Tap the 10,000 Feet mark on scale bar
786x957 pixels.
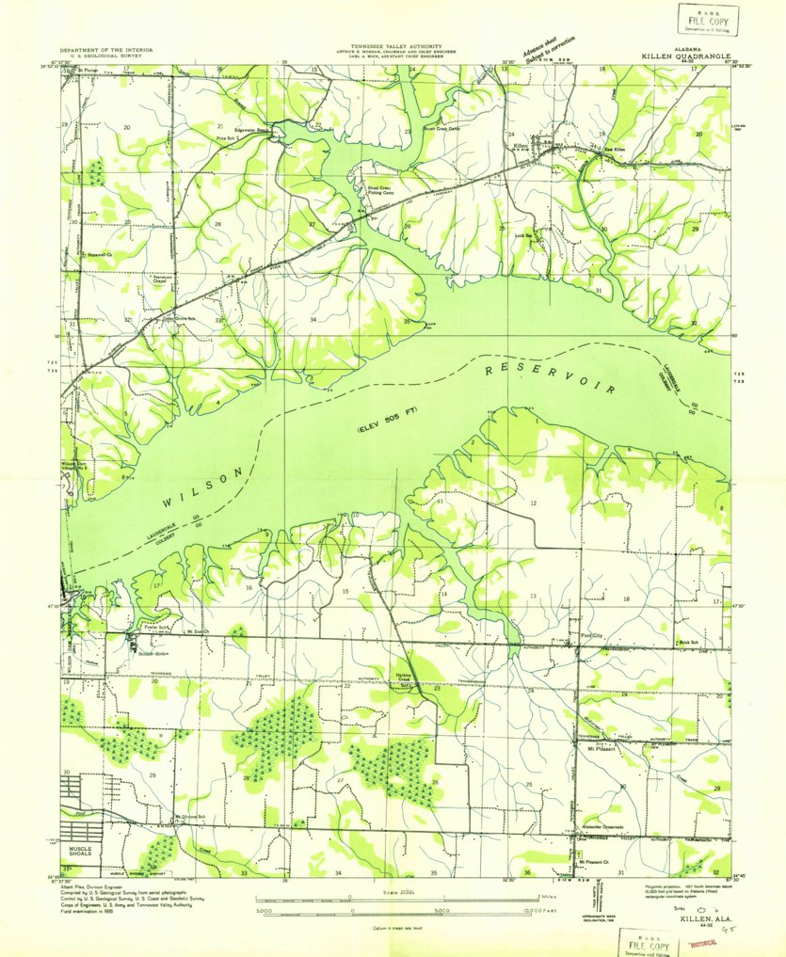(x=524, y=911)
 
